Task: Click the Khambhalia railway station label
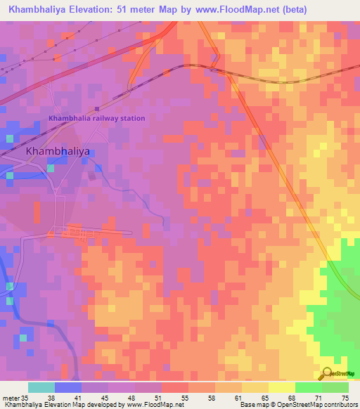[96, 118]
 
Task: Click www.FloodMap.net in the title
[249, 9]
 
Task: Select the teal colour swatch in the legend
[41, 387]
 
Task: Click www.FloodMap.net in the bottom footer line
[151, 405]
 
